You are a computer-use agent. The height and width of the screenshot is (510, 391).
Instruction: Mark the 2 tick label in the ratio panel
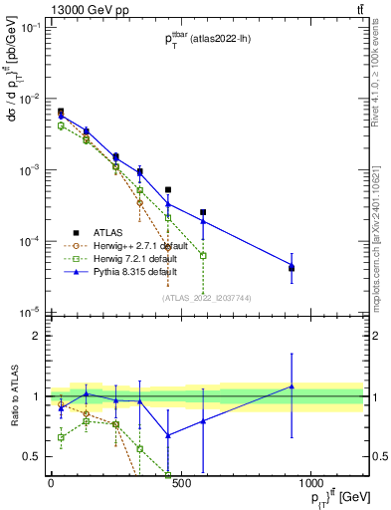pyautogui.click(x=38, y=336)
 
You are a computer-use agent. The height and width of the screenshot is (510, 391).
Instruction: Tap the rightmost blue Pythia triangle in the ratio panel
pyautogui.click(x=292, y=385)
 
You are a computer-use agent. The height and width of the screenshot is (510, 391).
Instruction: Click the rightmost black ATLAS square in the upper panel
pyautogui.click(x=292, y=268)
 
